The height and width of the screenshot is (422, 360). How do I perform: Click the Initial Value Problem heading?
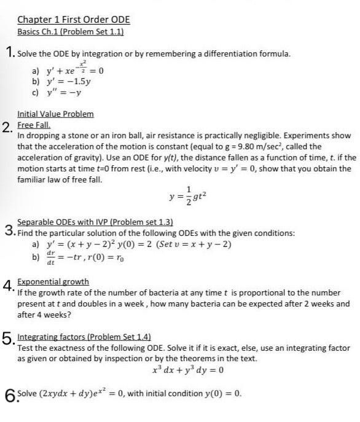[55, 114]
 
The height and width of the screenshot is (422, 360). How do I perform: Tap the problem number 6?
[8, 394]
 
